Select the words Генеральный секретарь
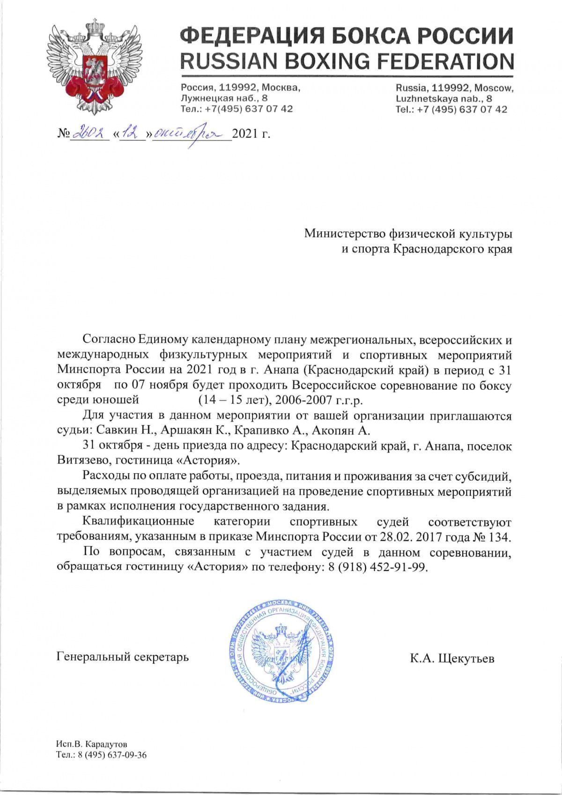(x=123, y=657)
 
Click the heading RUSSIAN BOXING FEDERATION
(x=347, y=61)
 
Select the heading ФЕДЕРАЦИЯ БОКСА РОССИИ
(x=347, y=36)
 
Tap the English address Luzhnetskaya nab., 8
(x=444, y=98)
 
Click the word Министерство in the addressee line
(x=346, y=233)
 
